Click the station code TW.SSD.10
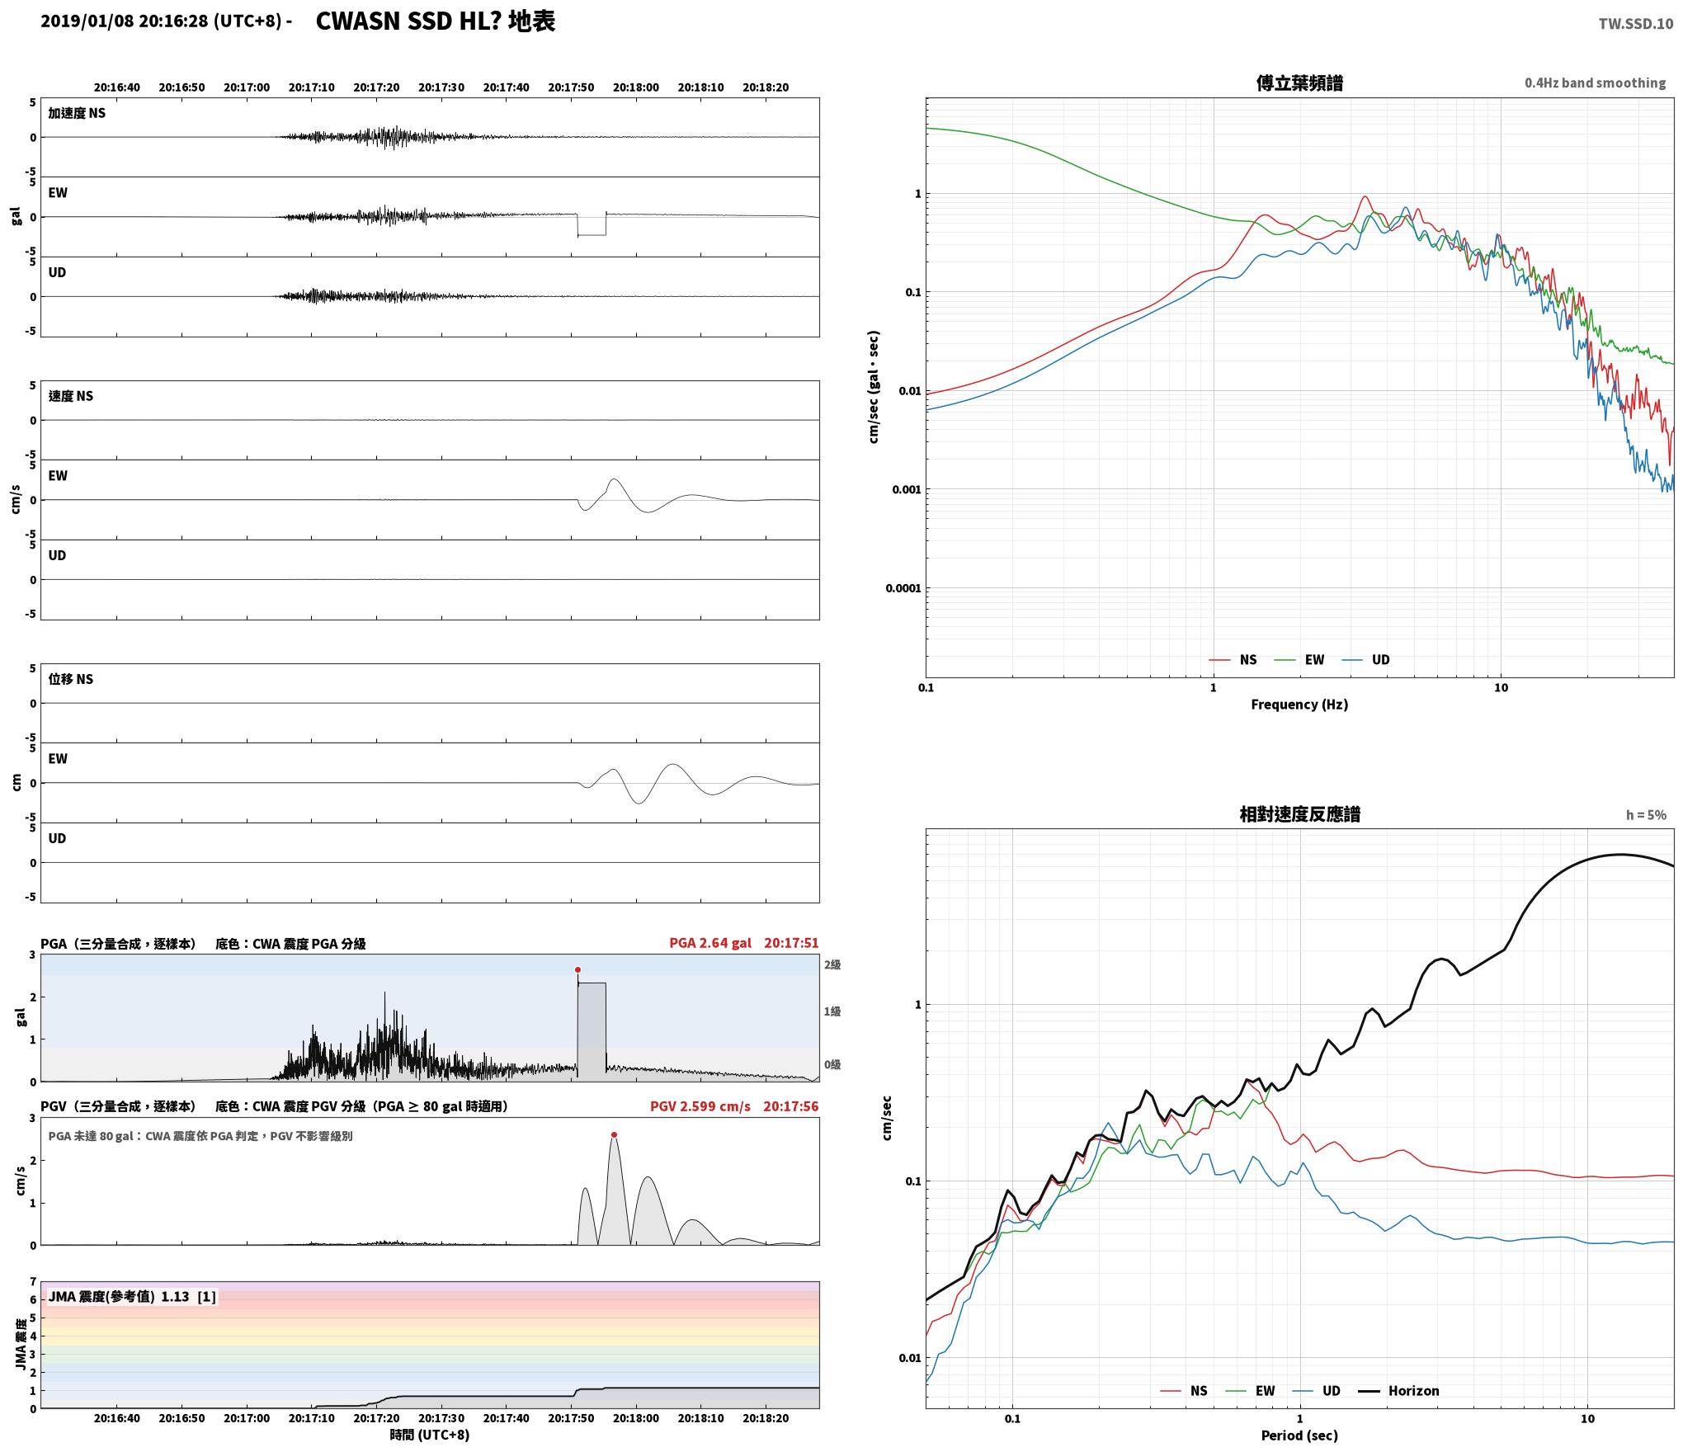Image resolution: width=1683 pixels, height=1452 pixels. click(1635, 23)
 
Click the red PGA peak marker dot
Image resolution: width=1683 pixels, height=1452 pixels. click(577, 969)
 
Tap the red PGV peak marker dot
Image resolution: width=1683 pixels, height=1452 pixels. click(614, 1135)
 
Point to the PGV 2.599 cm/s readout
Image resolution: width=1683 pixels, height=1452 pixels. click(700, 1106)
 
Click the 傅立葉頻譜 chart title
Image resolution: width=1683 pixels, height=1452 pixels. click(1299, 83)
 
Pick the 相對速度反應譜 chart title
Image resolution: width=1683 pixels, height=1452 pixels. click(1299, 814)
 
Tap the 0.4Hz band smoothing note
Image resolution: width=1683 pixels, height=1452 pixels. click(1595, 83)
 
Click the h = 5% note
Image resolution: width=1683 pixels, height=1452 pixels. click(1646, 815)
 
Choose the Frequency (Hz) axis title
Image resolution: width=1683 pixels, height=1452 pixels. click(1299, 704)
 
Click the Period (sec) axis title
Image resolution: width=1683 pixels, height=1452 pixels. click(1299, 1435)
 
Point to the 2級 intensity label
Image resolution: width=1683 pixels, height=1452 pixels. click(832, 964)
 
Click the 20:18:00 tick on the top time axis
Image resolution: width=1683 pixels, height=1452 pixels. click(636, 87)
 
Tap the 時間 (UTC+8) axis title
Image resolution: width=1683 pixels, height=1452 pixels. click(430, 1435)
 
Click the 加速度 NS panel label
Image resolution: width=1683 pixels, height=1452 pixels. click(77, 113)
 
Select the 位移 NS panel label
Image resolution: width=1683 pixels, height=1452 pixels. click(71, 679)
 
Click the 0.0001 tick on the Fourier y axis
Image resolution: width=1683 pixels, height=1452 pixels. click(903, 588)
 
